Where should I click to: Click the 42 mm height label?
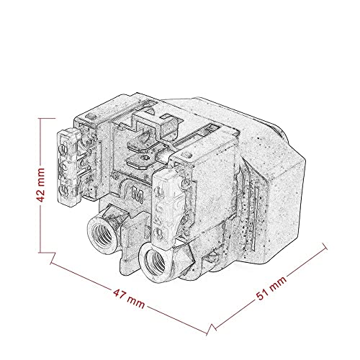click(40, 185)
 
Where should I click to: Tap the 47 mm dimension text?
click(129, 299)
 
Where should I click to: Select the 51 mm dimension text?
click(271, 289)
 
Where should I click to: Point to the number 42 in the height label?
click(40, 194)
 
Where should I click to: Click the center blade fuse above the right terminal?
click(166, 207)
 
